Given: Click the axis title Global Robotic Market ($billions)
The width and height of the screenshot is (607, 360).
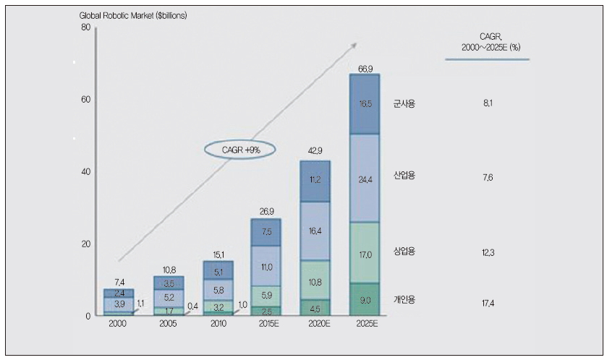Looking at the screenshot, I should click(x=132, y=14).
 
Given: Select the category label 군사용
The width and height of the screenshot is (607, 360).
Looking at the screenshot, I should click(x=405, y=104).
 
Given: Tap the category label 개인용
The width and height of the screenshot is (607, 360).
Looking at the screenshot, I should click(x=405, y=299).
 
